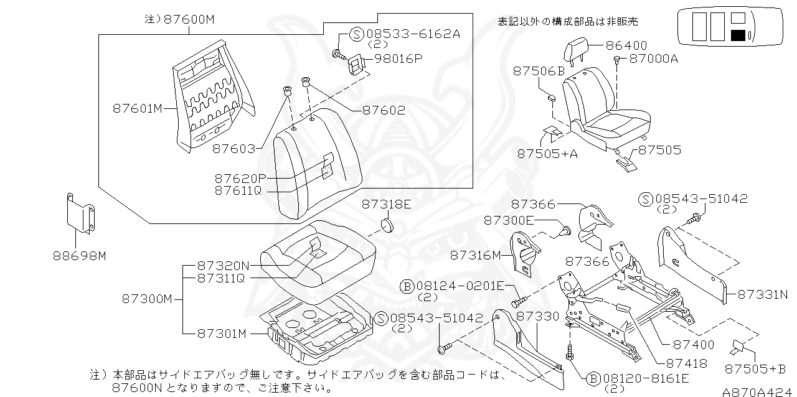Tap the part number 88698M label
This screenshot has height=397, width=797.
click(x=80, y=255)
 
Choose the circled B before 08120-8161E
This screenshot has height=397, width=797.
click(x=592, y=378)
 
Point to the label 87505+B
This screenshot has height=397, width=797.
click(x=756, y=369)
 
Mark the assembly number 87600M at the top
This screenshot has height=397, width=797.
click(x=189, y=19)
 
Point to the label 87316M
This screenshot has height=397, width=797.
click(x=475, y=255)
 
